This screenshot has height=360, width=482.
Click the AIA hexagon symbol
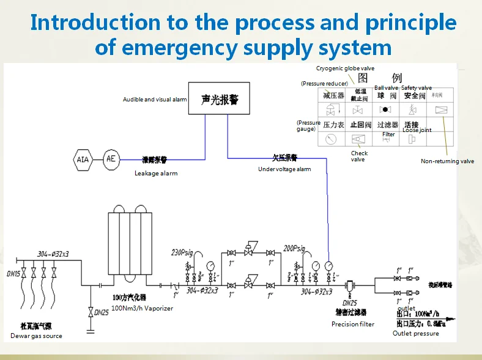83,160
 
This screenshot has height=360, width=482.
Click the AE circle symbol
111,159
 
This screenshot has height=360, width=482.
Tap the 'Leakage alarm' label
156,174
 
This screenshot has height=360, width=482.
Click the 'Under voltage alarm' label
284,169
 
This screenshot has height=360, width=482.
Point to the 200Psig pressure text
294,249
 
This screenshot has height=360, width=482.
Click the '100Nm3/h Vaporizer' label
142,309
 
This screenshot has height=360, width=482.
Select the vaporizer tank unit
130,243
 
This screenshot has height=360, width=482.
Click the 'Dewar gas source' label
36,336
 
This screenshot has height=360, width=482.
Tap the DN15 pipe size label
13,274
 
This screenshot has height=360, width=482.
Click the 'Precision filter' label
353,324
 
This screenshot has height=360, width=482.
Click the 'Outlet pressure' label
415,333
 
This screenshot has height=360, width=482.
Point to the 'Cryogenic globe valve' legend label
345,68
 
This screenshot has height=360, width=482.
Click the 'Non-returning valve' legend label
447,161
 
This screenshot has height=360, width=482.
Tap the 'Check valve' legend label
359,156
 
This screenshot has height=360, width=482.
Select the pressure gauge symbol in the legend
331,139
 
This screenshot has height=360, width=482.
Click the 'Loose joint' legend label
417,130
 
